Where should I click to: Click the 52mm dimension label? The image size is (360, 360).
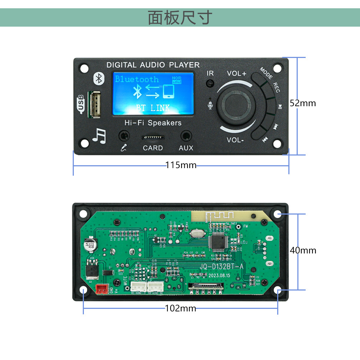pos(303,103)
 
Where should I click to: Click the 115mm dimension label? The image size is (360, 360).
pos(181,165)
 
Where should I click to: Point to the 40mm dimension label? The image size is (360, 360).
pos(303,250)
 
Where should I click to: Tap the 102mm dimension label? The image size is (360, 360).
pos(181,309)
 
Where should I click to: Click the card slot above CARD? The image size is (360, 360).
pos(153,138)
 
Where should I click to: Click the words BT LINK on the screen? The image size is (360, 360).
pos(153,108)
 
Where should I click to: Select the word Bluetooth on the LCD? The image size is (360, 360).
pos(137,79)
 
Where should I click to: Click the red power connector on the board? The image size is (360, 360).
pos(102,289)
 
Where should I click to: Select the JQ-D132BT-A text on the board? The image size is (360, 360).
pos(222,267)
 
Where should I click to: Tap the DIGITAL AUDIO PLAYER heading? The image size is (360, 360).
pos(153,65)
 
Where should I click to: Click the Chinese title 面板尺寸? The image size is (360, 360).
pos(180,17)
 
